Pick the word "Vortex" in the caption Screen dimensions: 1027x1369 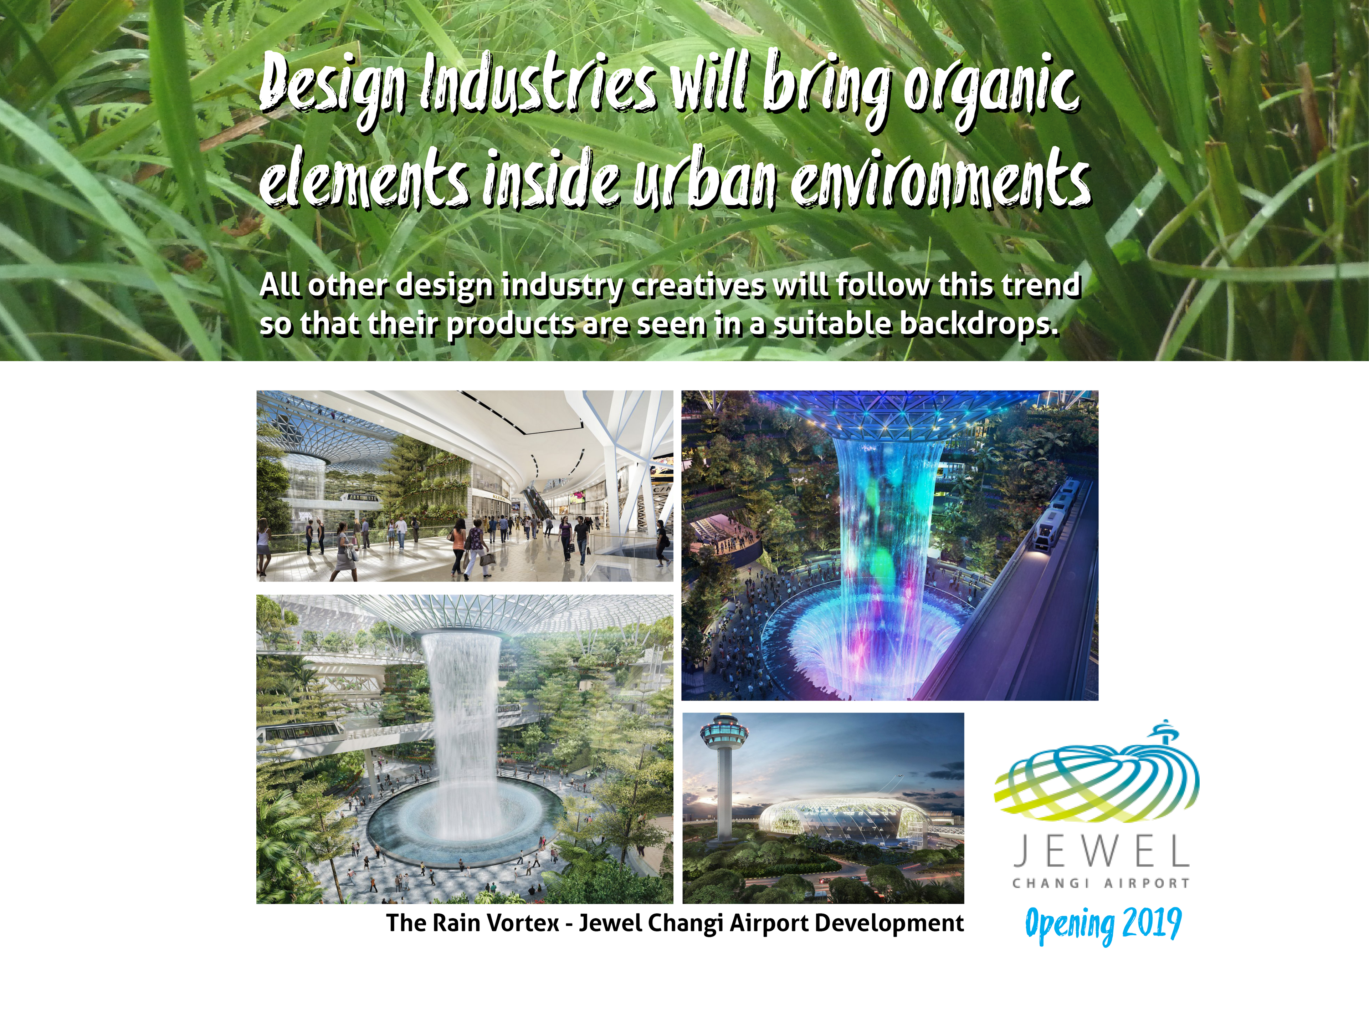tap(523, 923)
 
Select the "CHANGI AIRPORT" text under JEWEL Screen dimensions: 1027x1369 tap(1101, 883)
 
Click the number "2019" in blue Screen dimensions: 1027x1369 tap(1151, 924)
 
